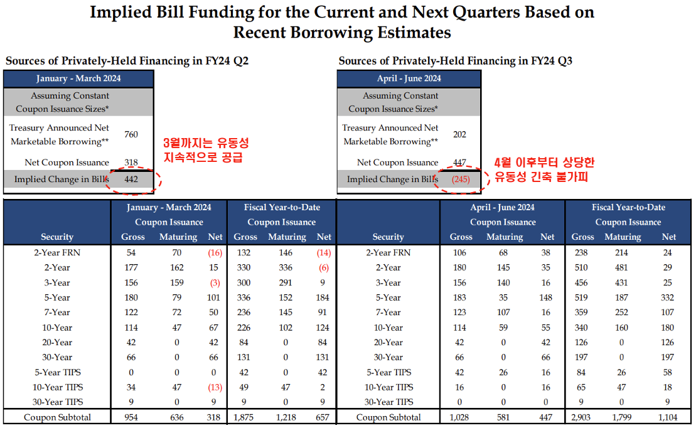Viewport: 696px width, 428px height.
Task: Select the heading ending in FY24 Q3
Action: [455, 61]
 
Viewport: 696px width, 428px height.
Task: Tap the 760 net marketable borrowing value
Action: [131, 134]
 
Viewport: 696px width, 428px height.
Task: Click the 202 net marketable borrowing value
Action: [459, 134]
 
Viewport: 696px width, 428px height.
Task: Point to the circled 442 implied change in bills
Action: [131, 179]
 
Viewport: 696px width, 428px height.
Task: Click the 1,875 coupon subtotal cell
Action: [245, 417]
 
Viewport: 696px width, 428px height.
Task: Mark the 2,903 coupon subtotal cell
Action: [582, 417]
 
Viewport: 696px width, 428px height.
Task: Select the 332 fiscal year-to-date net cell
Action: [668, 297]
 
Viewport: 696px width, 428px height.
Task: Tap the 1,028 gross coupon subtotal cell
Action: [461, 417]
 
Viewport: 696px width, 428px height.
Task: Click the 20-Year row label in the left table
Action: [57, 342]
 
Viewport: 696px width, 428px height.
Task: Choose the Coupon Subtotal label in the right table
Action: [388, 417]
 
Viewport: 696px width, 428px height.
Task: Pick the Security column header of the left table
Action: [57, 237]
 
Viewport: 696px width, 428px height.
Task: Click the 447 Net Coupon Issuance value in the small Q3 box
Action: [459, 163]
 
